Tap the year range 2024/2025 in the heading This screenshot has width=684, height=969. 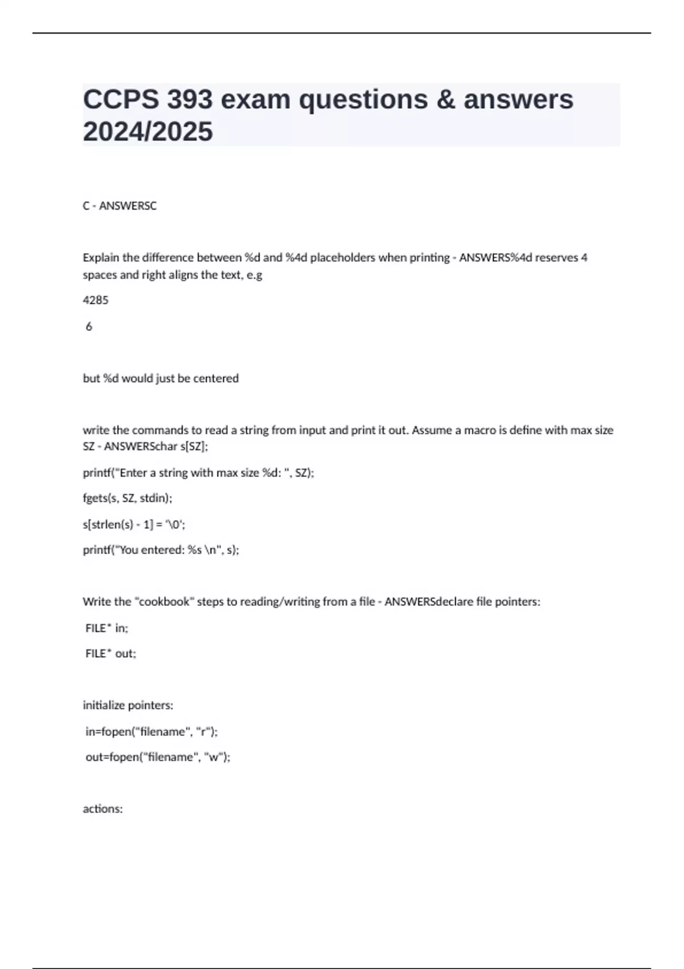148,132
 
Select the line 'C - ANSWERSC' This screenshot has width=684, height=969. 119,206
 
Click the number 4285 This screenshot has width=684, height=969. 95,300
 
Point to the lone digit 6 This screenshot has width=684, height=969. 89,327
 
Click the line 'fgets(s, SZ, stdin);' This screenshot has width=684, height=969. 127,498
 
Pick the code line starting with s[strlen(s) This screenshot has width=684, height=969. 134,524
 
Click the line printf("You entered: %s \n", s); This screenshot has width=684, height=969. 161,550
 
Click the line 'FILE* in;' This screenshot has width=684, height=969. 107,628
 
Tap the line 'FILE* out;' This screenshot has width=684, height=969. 111,654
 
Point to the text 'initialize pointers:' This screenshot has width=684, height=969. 128,706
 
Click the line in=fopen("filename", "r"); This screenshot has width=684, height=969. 151,731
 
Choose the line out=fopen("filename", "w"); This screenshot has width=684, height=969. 157,757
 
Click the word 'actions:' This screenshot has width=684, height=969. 103,809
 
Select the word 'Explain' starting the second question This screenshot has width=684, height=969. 101,258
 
